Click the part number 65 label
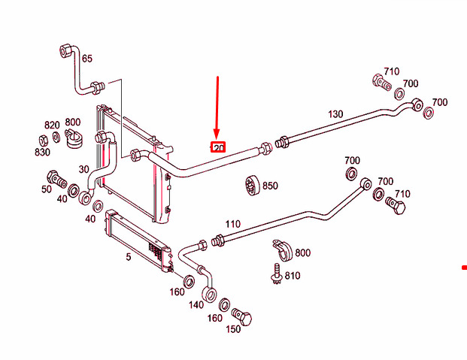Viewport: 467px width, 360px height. [87, 59]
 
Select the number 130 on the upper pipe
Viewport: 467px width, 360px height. [335, 114]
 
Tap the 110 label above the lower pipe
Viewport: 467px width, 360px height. [233, 224]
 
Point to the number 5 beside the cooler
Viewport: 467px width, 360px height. [129, 257]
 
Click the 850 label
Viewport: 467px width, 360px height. [270, 186]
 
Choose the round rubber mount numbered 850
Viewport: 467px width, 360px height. [253, 186]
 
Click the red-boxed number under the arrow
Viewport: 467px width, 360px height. [218, 147]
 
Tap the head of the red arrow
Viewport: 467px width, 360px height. [217, 135]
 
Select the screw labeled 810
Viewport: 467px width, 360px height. [277, 274]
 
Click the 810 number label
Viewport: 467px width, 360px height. [293, 276]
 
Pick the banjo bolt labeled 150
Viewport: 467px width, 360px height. [242, 316]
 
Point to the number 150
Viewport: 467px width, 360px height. [233, 329]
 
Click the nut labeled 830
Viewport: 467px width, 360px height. [44, 141]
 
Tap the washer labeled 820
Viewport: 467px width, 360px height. [56, 137]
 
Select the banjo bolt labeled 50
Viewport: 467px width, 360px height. [57, 179]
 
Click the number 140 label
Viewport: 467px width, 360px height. [196, 305]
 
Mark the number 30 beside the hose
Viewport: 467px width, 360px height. [84, 169]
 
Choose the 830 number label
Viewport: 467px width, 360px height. [42, 152]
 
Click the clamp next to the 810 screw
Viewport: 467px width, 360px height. [283, 250]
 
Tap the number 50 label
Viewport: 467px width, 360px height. [47, 189]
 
